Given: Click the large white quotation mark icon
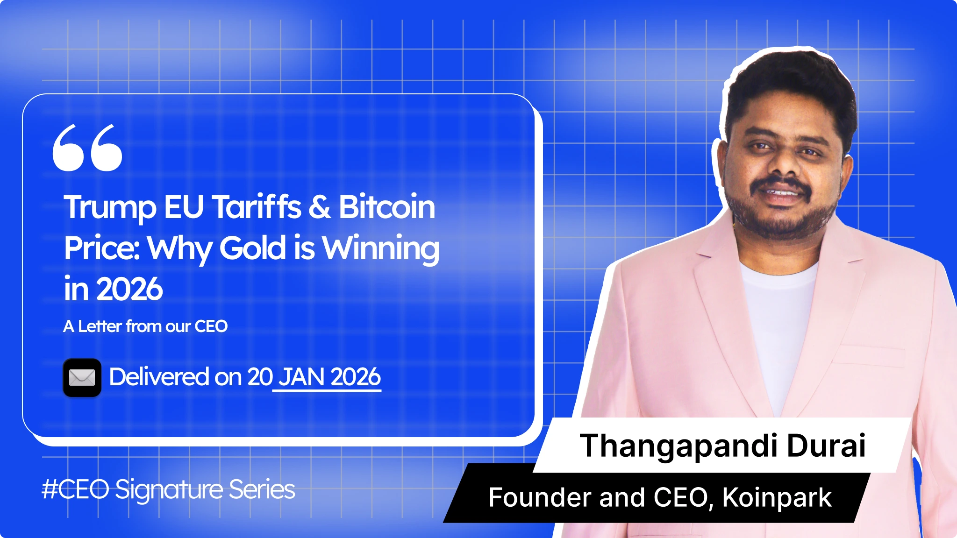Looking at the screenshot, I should [87, 148].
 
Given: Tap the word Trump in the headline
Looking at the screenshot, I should [110, 207].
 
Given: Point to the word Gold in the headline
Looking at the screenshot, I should [252, 248].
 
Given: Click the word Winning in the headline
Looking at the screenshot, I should [381, 248].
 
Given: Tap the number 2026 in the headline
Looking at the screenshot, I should [129, 289].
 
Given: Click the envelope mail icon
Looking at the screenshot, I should [82, 377].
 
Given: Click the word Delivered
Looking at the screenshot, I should [159, 377].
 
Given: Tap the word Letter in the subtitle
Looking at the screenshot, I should [100, 326].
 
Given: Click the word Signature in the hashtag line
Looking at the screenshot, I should [169, 490].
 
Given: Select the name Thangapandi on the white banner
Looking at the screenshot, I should [678, 446].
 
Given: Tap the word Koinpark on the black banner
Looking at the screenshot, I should [777, 498].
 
